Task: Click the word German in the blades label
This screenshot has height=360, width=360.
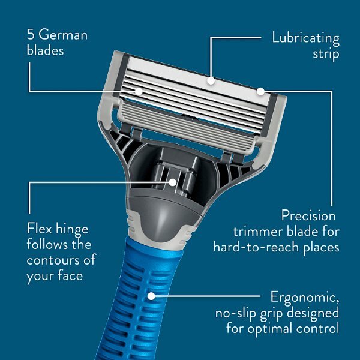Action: pyautogui.click(x=63, y=35)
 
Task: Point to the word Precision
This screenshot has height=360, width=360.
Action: pyautogui.click(x=308, y=215)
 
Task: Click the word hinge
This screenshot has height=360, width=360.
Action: pyautogui.click(x=73, y=229)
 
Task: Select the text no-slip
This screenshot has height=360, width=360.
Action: pyautogui.click(x=238, y=313)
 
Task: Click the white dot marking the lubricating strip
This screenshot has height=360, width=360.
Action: pyautogui.click(x=211, y=79)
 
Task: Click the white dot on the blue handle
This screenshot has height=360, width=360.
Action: pyautogui.click(x=152, y=296)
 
